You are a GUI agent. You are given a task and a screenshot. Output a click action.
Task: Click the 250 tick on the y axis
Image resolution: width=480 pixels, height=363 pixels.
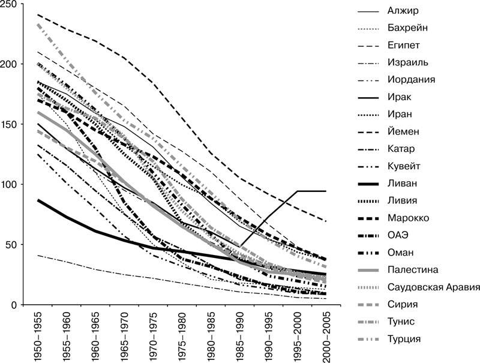(13, 4)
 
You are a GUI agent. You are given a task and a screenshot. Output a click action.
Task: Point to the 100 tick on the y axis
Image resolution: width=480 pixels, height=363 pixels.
(13, 184)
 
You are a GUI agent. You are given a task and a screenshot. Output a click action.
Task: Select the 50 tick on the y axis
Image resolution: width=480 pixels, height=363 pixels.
(16, 244)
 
